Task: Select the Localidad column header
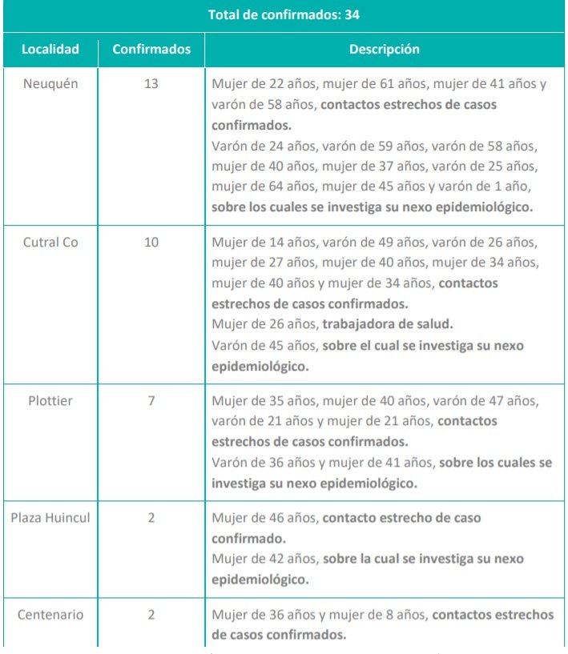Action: click(50, 50)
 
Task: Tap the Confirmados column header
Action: click(151, 50)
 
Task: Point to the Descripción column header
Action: click(384, 50)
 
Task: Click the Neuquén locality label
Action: click(50, 83)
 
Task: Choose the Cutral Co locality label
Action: click(50, 242)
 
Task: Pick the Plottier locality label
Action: click(50, 400)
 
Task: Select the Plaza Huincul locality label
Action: click(50, 518)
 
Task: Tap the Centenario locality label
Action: click(50, 615)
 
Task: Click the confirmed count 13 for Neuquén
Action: click(151, 83)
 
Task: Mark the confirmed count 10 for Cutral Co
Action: click(151, 242)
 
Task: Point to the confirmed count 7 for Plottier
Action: click(151, 400)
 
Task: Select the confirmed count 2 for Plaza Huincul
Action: click(151, 518)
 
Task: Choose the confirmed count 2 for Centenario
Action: click(151, 615)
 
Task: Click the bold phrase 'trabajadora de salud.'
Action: click(388, 324)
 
